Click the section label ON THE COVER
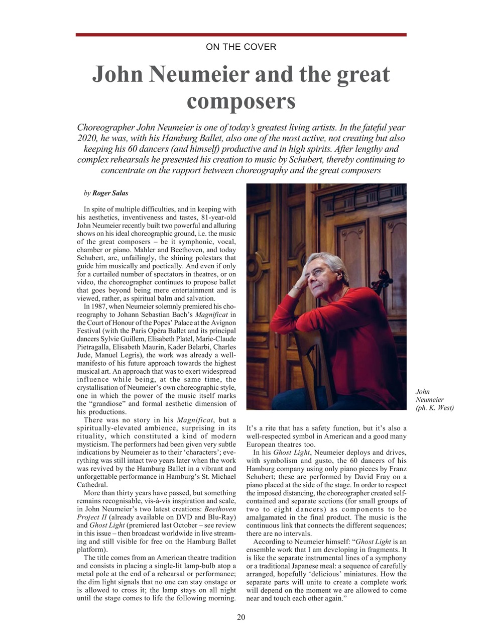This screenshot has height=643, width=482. (241, 47)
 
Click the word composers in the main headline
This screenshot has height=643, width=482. (241, 101)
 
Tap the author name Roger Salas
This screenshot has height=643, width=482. (110, 193)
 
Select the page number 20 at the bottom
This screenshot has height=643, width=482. (241, 617)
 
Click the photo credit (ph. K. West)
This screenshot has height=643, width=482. (435, 408)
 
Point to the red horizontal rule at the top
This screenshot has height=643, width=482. (241, 35)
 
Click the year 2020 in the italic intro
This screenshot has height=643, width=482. (87, 138)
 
